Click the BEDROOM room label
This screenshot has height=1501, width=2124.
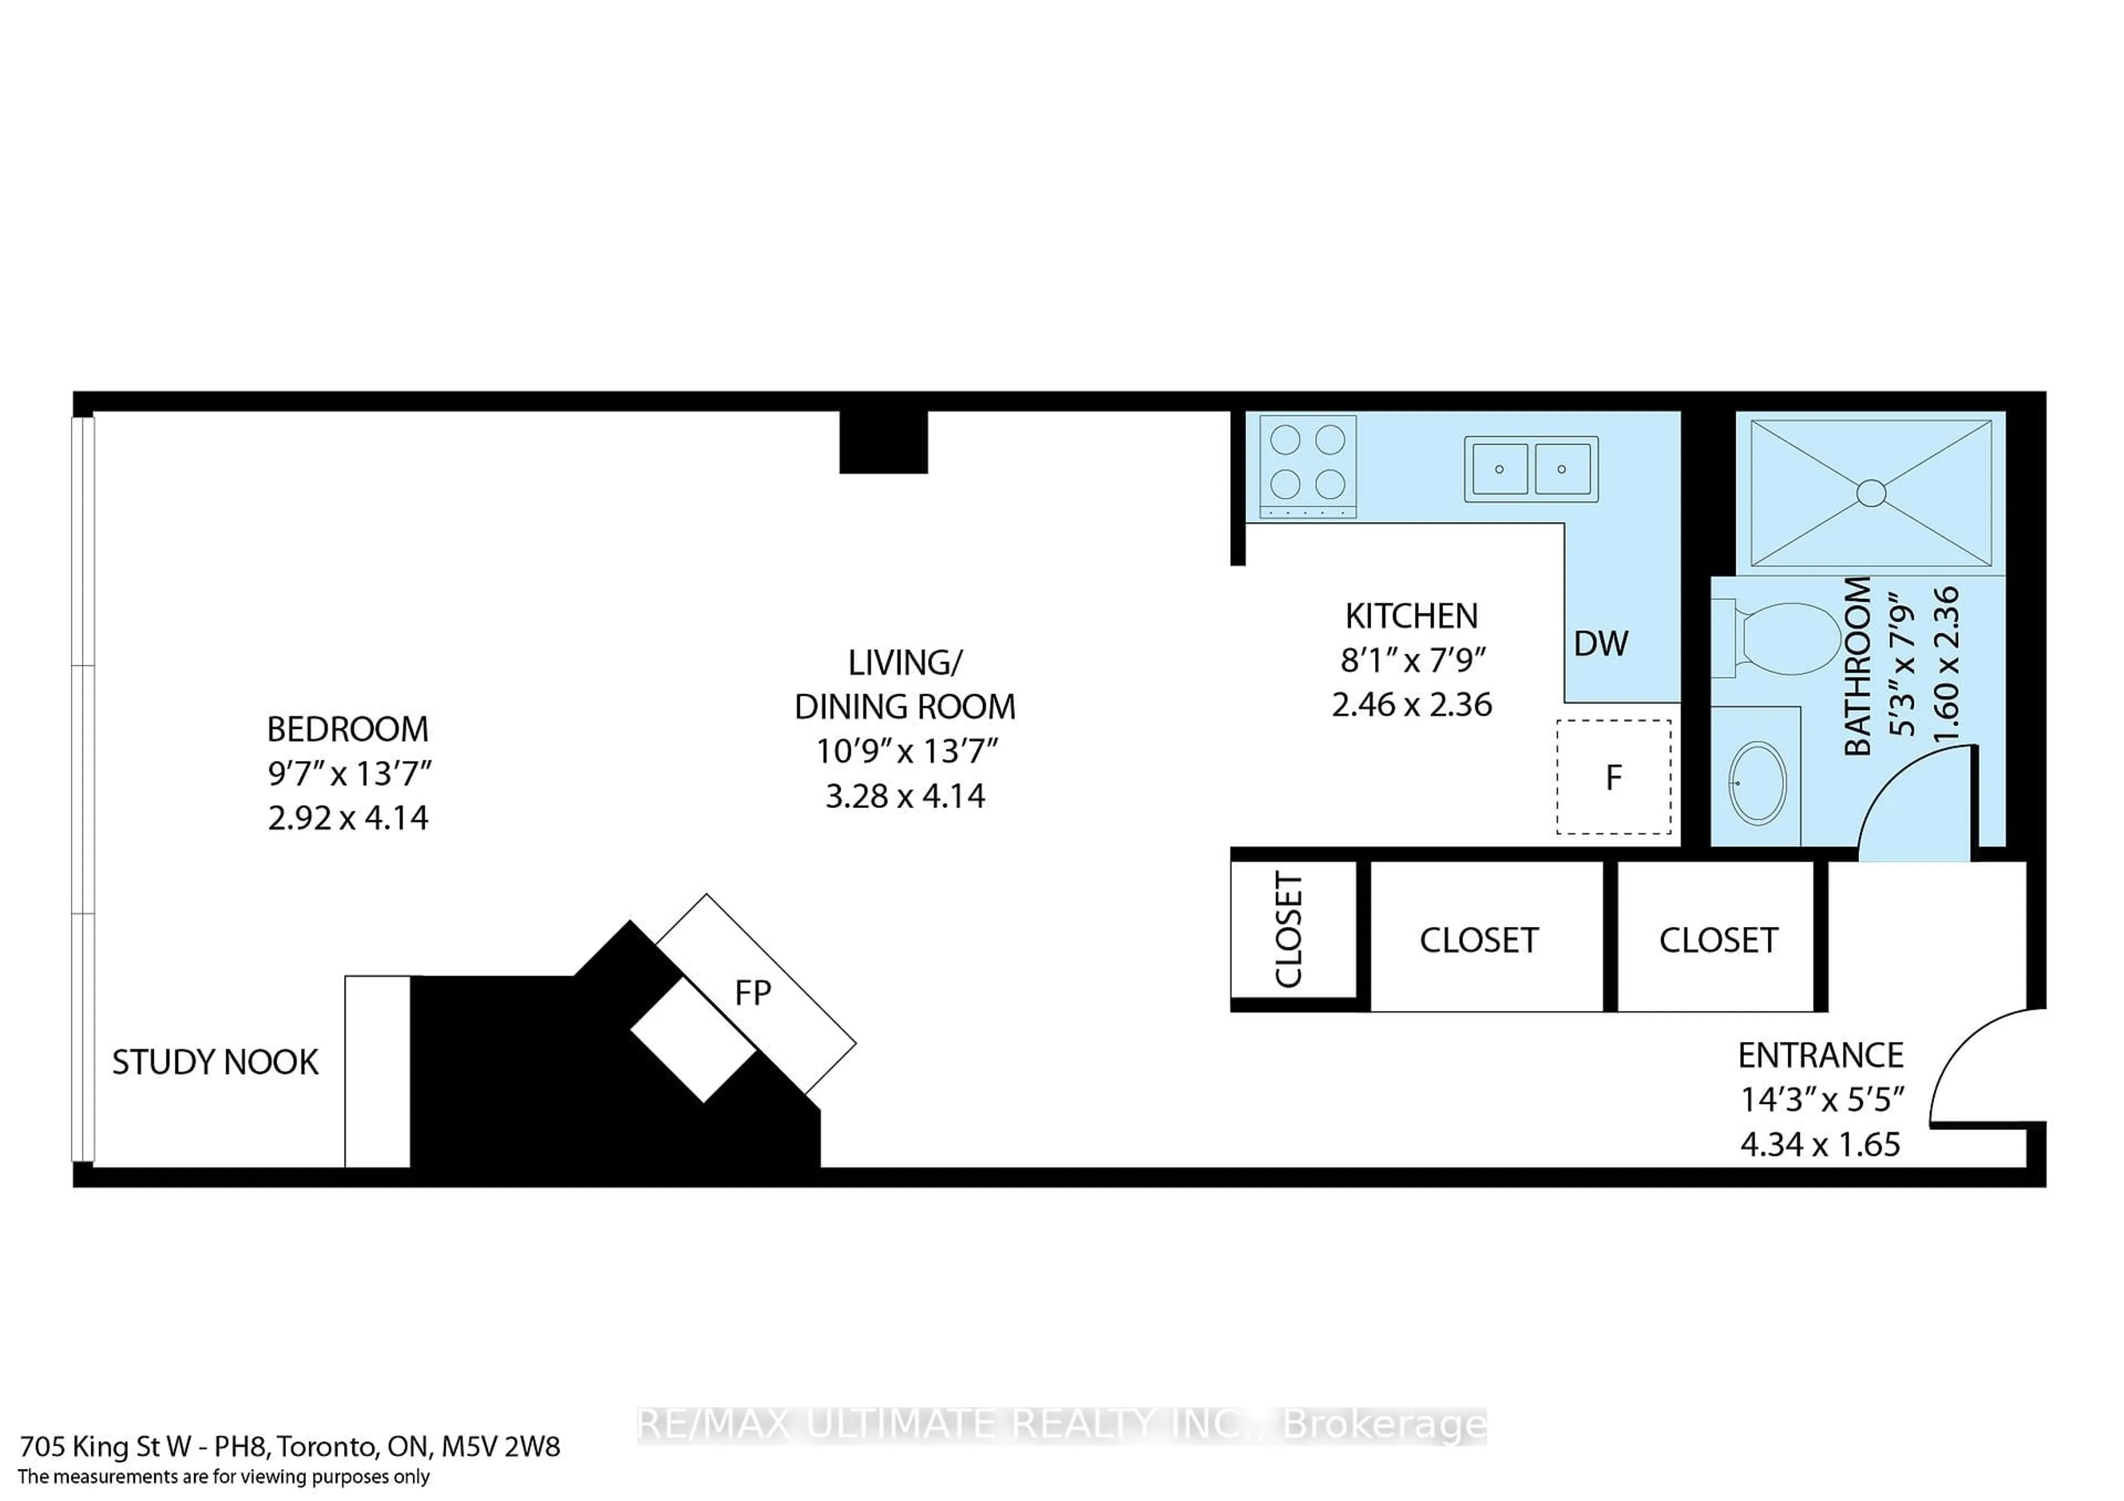(x=348, y=729)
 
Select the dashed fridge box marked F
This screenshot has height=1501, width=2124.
(x=1613, y=777)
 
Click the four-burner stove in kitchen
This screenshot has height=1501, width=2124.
(x=1307, y=466)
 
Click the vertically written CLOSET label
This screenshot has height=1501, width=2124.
(x=1289, y=930)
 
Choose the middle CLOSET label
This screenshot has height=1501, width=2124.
(x=1479, y=941)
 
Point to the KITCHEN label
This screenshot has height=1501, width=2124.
(x=1411, y=616)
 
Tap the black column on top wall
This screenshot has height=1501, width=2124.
(x=883, y=442)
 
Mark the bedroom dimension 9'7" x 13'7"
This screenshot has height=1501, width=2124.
(x=350, y=774)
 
